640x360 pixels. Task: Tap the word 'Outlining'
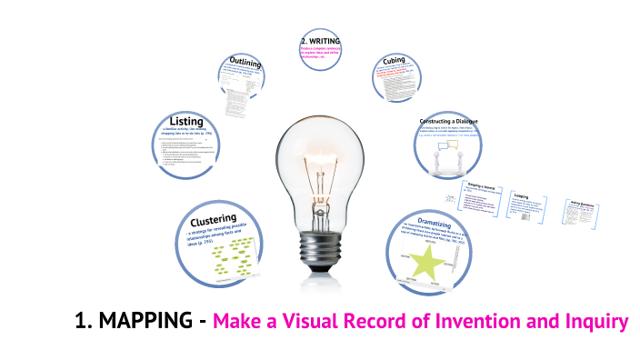click(245, 63)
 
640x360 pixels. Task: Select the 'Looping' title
click(522, 195)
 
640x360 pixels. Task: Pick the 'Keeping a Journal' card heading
click(472, 186)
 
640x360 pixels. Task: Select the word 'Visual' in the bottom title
click(307, 322)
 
